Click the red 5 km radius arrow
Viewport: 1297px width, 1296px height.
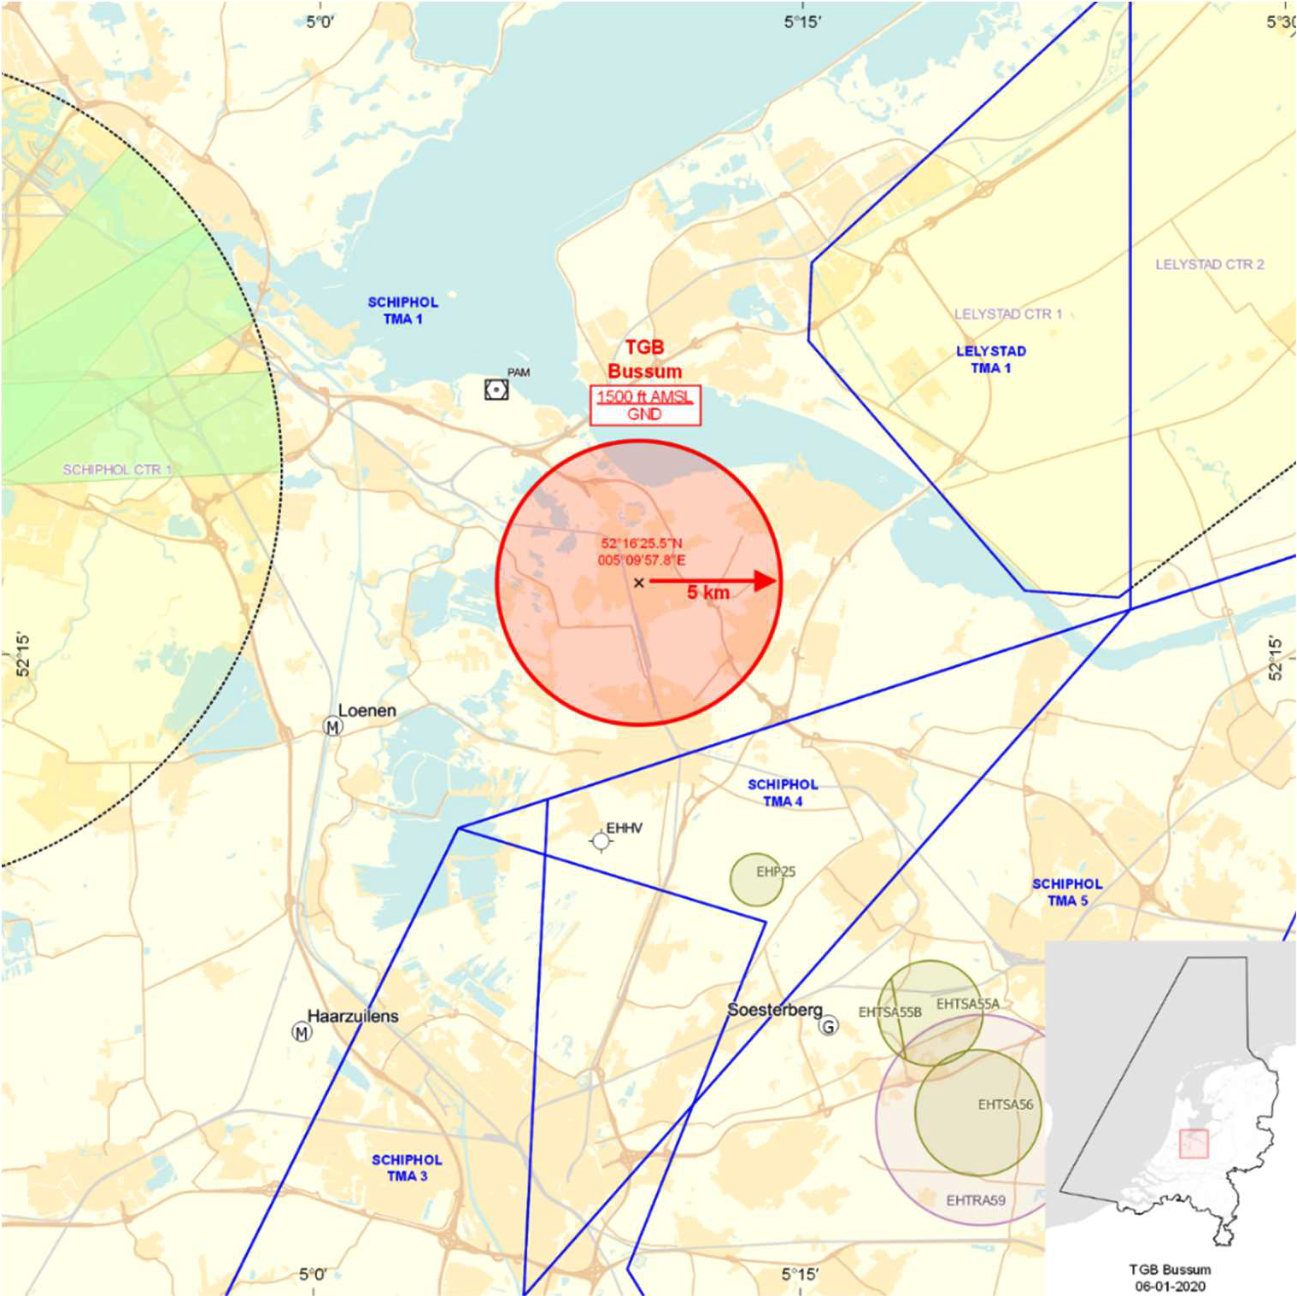tap(713, 582)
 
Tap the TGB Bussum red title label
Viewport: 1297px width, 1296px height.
tap(645, 360)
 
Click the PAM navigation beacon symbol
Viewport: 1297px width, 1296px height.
tap(496, 390)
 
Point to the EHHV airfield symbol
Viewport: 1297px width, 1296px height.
tap(602, 842)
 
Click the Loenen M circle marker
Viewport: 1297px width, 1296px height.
tap(333, 727)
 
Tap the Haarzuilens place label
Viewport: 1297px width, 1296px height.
tap(353, 1017)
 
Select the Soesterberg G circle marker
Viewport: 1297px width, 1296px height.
tap(829, 1026)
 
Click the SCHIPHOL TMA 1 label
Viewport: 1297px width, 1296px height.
tap(402, 311)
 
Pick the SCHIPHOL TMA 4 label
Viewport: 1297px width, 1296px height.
tap(783, 793)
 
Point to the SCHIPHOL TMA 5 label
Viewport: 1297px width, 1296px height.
tap(1067, 893)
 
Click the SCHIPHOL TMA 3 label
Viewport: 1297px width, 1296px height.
tap(407, 1168)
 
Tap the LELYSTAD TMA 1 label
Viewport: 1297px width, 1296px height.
tap(991, 360)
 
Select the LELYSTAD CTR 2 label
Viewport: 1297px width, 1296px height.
tap(1210, 265)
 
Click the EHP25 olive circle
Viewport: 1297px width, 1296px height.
tap(756, 880)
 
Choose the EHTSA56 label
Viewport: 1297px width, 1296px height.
tap(1005, 1105)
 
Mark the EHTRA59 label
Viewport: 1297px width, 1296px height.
tap(976, 1200)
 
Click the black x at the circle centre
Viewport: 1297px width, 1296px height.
tap(639, 583)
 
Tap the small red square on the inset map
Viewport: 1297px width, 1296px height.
tap(1194, 1144)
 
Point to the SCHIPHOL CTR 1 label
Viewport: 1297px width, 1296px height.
tap(117, 470)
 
